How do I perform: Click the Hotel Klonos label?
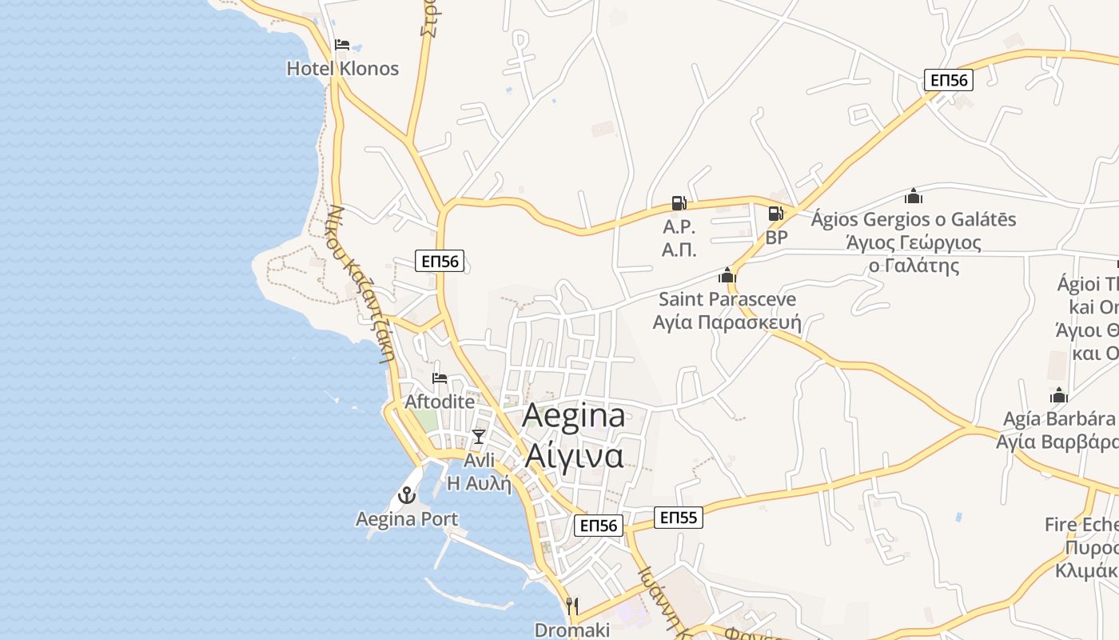(x=342, y=69)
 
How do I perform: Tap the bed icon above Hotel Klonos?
(x=342, y=45)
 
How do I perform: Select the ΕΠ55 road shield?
(x=679, y=518)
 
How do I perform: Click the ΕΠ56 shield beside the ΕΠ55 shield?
(x=599, y=525)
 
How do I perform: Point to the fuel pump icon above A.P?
(x=679, y=203)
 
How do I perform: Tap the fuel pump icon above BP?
(x=775, y=214)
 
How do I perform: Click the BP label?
(x=776, y=238)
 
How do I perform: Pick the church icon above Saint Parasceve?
(x=727, y=275)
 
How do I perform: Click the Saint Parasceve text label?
(x=727, y=299)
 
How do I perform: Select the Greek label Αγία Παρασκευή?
(x=727, y=322)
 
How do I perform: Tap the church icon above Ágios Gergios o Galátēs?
(x=914, y=196)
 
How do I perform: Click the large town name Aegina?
(x=574, y=416)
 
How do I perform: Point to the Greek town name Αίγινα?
(x=574, y=455)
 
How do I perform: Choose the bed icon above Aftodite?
(x=439, y=378)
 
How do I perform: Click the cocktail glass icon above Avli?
(x=479, y=436)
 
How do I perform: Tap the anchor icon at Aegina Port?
(x=407, y=496)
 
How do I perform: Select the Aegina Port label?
(x=407, y=519)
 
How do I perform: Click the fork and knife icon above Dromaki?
(x=571, y=606)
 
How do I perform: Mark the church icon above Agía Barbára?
(x=1059, y=395)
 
